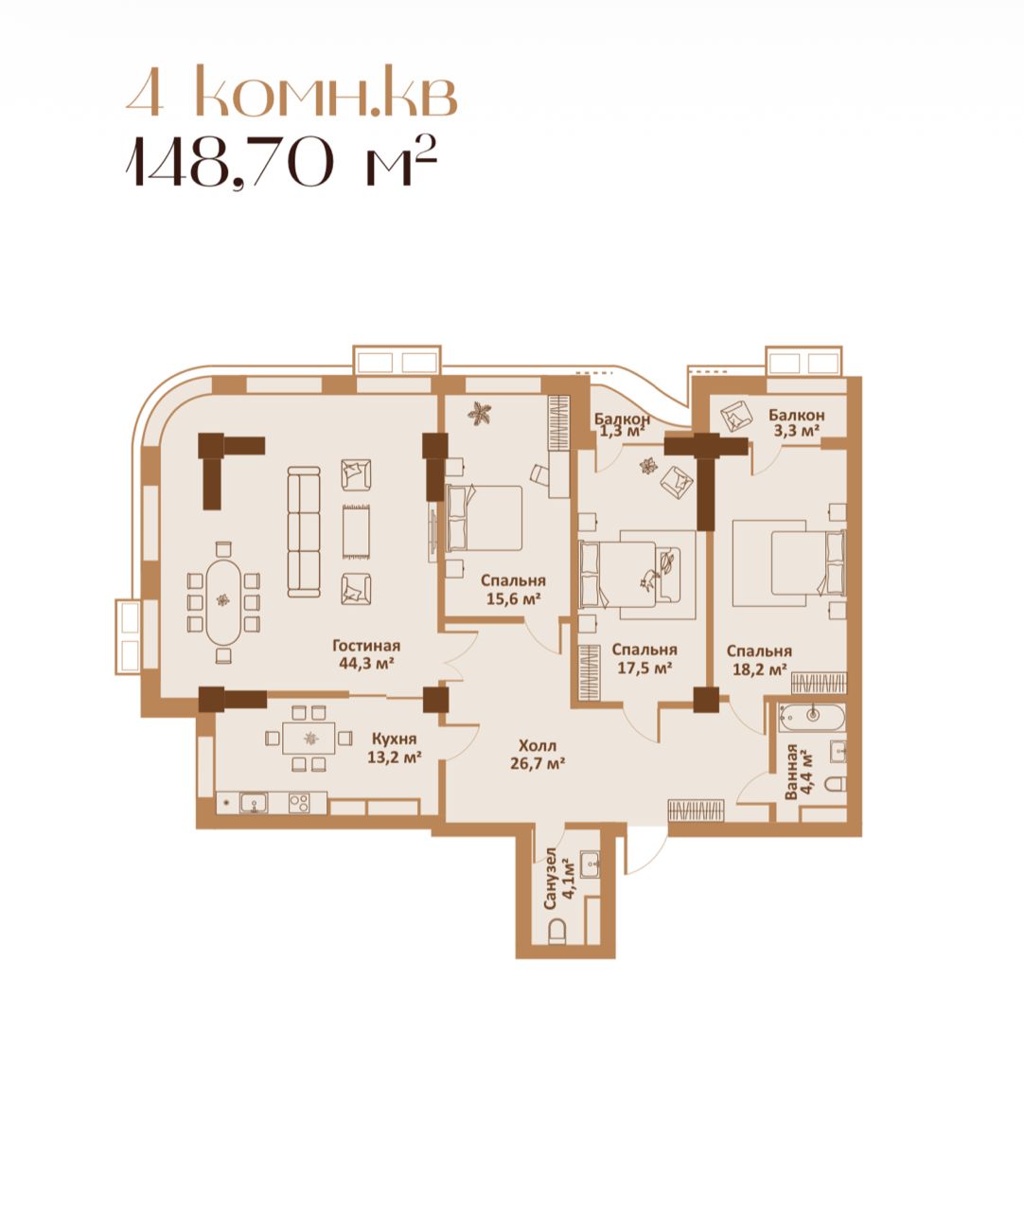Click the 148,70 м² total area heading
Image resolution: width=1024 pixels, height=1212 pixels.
281,161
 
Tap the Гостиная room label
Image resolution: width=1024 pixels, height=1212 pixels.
365,646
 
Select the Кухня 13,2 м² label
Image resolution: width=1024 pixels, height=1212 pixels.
394,748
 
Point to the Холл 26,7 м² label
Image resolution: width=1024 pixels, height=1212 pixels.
537,754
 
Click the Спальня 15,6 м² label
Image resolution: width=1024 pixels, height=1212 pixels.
513,589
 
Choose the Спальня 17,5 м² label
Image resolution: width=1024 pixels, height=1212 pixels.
644,658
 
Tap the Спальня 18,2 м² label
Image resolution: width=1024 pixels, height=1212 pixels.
759,660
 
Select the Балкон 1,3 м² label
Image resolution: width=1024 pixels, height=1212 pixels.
622,426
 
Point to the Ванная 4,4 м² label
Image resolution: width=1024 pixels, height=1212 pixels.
799,772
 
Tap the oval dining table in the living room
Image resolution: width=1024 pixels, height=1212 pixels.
223,602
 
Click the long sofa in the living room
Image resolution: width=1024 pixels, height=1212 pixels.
304,532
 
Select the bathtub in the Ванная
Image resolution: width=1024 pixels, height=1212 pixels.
812,717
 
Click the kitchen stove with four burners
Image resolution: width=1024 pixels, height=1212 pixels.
299,803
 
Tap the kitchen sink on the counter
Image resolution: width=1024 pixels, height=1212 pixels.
254,803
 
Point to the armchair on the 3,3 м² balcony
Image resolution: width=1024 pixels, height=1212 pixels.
735,416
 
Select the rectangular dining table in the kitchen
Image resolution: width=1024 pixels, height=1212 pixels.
309,738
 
